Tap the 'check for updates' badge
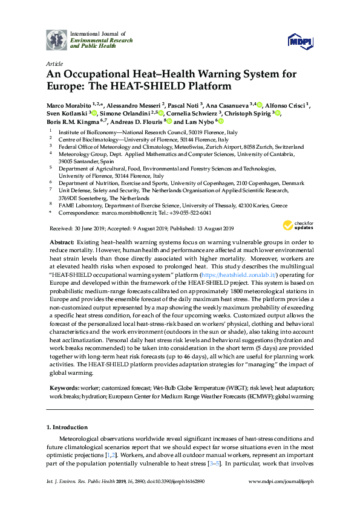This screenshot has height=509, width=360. (297, 226)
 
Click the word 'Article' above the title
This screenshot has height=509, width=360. (54, 63)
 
